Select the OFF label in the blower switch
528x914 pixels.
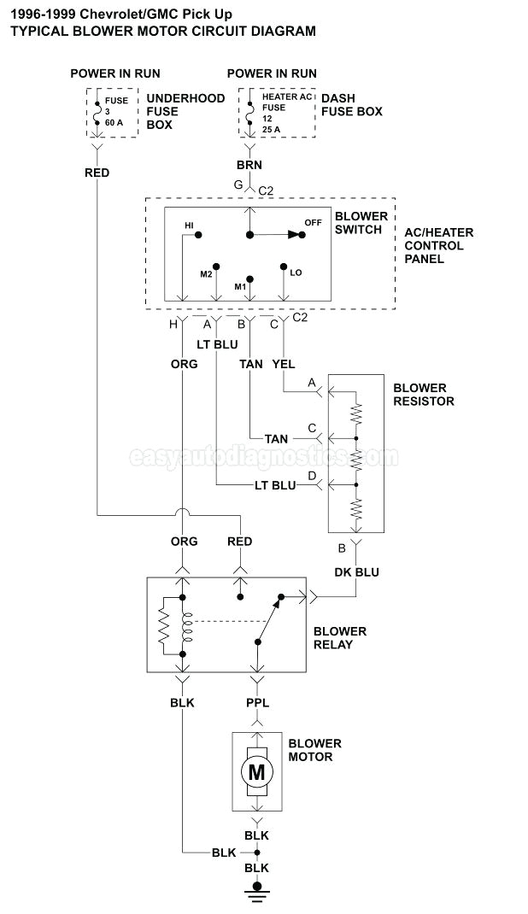(x=314, y=222)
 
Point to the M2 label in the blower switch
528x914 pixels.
(x=206, y=273)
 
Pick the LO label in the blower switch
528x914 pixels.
(x=296, y=272)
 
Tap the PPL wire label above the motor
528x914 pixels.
(x=256, y=702)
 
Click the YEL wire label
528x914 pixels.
(x=284, y=364)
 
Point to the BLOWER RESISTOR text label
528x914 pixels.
(x=423, y=394)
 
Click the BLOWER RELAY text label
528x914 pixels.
(x=339, y=637)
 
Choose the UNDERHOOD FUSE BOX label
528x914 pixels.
(x=185, y=111)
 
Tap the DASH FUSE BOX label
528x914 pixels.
(x=351, y=105)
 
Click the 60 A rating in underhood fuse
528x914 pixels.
(x=114, y=122)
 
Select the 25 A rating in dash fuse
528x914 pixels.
(x=272, y=130)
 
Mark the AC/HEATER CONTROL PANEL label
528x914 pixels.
(x=438, y=245)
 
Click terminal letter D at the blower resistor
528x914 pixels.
(x=312, y=475)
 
